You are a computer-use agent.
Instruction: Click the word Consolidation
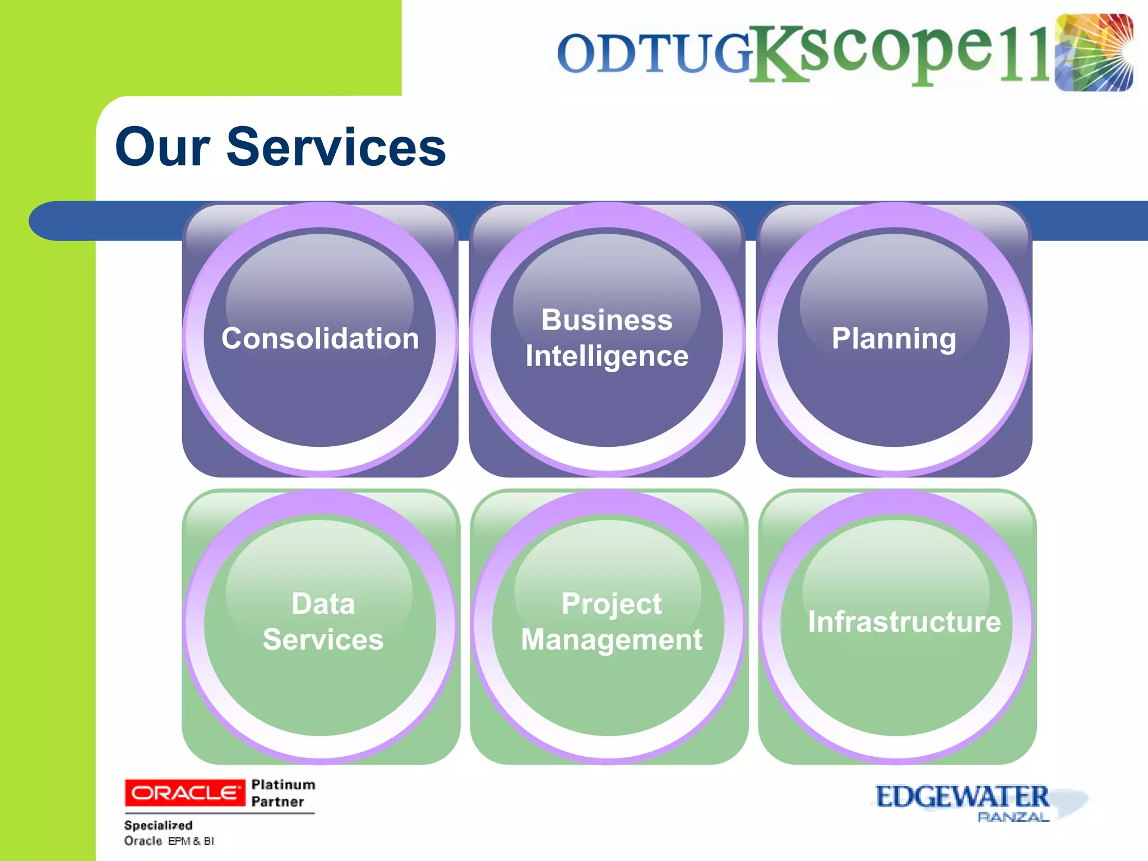coord(320,339)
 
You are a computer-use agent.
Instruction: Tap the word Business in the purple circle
coord(607,320)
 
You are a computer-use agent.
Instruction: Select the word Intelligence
coord(607,357)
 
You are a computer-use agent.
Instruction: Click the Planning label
coord(894,339)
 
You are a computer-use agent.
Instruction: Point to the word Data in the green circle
coord(323,604)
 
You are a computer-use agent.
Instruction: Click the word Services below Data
coord(323,640)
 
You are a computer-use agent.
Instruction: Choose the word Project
coord(611,604)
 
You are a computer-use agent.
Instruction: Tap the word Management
coord(611,640)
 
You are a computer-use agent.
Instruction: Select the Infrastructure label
coord(904,622)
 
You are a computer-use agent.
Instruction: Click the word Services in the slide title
coord(336,147)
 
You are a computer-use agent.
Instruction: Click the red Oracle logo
coord(184,793)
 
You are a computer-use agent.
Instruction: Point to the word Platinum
coord(283,784)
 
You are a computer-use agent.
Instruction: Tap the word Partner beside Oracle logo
coord(277,802)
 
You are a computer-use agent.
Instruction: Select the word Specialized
coord(158,825)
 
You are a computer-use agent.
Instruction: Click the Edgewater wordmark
coord(961,797)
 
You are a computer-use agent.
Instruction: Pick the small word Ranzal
coord(1012,817)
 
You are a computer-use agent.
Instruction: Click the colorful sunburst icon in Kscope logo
coord(1094,52)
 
